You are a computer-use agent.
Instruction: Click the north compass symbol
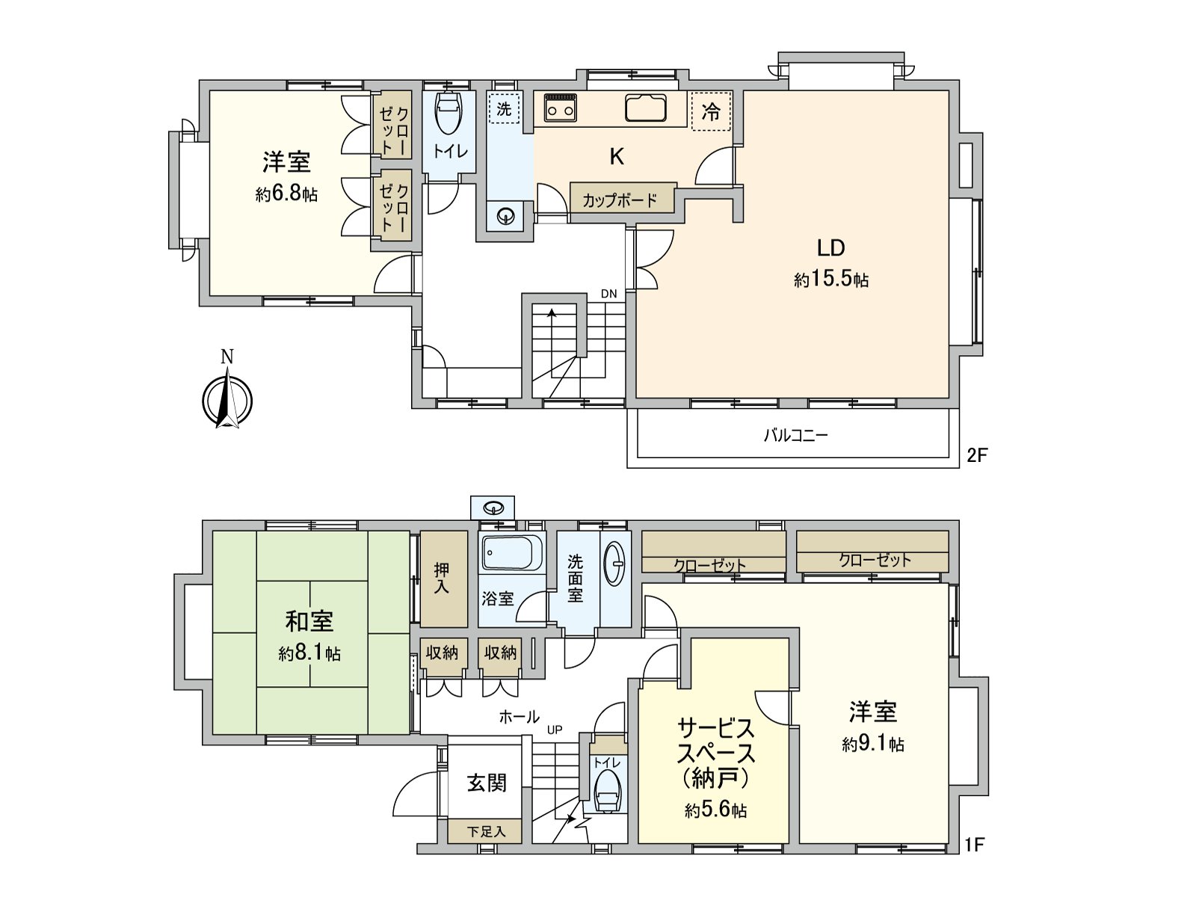pos(227,401)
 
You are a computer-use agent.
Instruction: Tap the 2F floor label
pos(977,454)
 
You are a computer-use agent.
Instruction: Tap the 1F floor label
pos(975,845)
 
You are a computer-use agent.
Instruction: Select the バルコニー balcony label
pos(795,435)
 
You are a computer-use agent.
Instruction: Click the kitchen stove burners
pos(561,107)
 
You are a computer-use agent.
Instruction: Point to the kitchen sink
pos(645,108)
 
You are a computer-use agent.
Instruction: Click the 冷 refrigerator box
pos(711,112)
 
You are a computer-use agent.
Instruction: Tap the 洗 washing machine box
pos(505,108)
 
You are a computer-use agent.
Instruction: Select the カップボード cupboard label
pos(620,200)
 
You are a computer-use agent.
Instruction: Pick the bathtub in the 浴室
pos(508,554)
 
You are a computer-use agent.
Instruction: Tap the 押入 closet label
pos(442,579)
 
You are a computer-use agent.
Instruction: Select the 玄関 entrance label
pos(487,783)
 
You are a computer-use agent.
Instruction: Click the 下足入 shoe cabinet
pos(486,831)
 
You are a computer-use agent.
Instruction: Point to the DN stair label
pos(609,294)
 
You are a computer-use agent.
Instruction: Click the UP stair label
pos(554,730)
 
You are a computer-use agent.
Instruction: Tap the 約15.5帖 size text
pos(831,280)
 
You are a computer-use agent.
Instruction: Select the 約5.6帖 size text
pos(715,810)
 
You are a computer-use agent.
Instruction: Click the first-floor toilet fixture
pos(607,791)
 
